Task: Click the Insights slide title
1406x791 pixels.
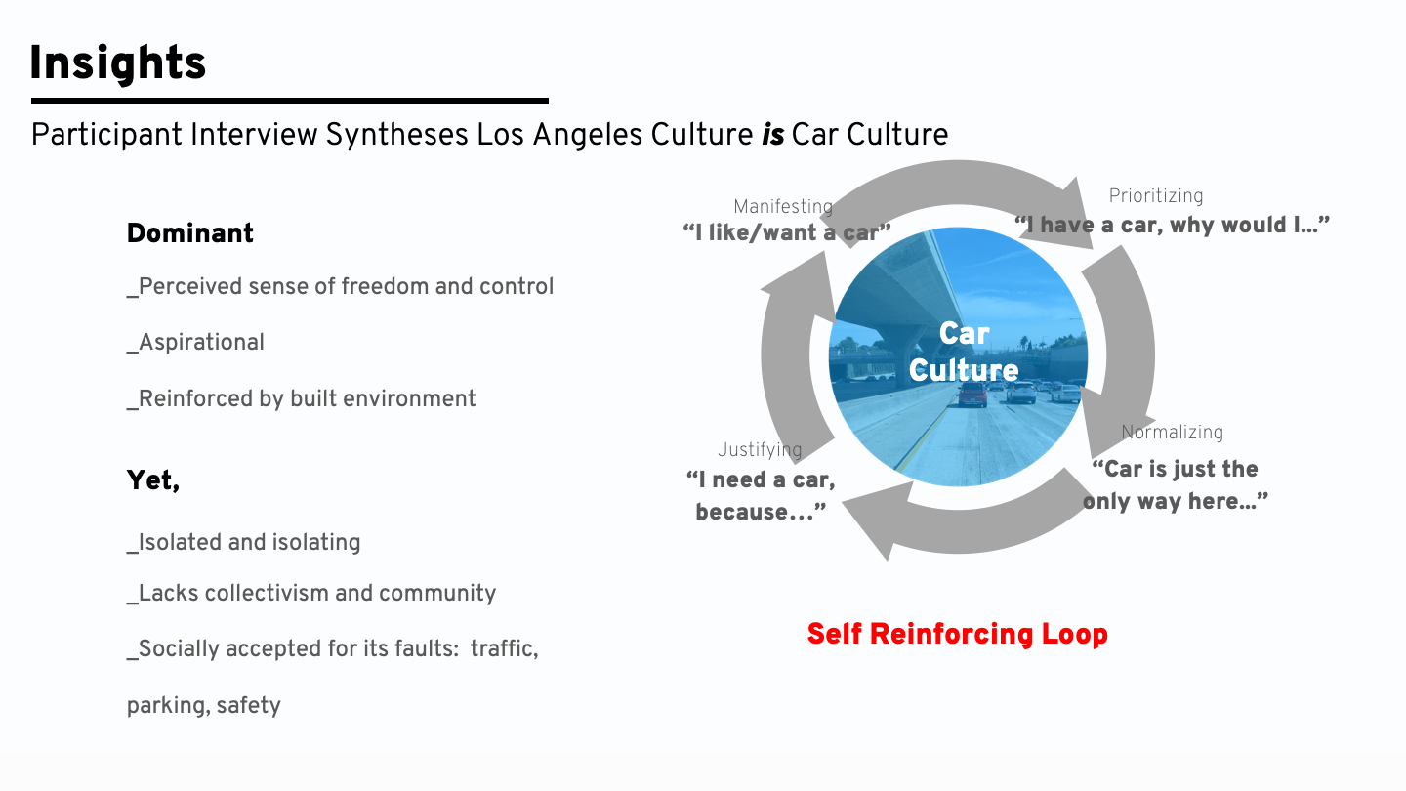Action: tap(117, 64)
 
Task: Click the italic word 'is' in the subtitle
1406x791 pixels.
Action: tap(772, 135)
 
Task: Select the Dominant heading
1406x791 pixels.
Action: tap(190, 233)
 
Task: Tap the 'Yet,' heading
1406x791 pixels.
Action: tap(153, 480)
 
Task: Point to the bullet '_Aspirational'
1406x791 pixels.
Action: tap(195, 343)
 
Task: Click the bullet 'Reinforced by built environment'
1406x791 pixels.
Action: tap(302, 399)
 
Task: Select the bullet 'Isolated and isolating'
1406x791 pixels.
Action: tap(243, 543)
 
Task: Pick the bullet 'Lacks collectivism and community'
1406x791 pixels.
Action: tap(311, 594)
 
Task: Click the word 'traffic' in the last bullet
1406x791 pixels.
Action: tap(504, 648)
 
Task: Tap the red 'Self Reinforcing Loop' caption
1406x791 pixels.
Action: tap(957, 635)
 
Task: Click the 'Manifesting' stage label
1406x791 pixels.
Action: tap(782, 206)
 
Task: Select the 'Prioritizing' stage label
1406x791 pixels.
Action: tap(1156, 196)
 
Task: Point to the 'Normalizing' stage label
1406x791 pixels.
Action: tap(1172, 433)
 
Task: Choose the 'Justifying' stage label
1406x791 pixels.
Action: tap(760, 450)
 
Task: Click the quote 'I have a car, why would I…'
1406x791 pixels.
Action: tap(1172, 226)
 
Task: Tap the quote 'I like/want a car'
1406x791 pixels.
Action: tap(786, 232)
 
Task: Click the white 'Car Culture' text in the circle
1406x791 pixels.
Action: tap(964, 352)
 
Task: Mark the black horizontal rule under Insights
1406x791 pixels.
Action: tap(289, 101)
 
